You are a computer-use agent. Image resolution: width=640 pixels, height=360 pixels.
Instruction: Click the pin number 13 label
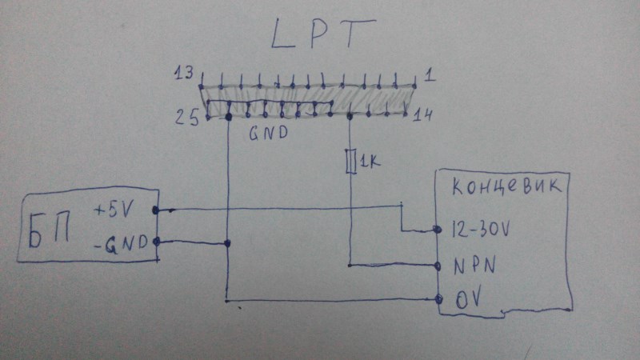[183, 75]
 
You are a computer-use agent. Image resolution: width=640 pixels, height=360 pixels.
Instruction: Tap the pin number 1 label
[430, 76]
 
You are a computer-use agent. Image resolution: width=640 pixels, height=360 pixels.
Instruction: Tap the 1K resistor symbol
[350, 162]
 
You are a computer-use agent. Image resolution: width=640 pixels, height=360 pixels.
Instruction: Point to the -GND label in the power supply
[121, 242]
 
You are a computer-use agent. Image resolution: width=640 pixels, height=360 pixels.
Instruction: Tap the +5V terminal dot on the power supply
[154, 210]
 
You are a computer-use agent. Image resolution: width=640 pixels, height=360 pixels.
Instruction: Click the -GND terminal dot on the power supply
[154, 242]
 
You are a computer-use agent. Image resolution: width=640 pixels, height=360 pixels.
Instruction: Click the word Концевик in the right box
[510, 190]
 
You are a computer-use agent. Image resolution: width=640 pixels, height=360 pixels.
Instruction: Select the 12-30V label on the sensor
[481, 229]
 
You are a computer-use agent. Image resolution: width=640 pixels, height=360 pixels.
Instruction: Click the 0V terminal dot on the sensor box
[439, 301]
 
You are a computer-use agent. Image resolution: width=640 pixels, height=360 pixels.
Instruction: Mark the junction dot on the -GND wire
[229, 243]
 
